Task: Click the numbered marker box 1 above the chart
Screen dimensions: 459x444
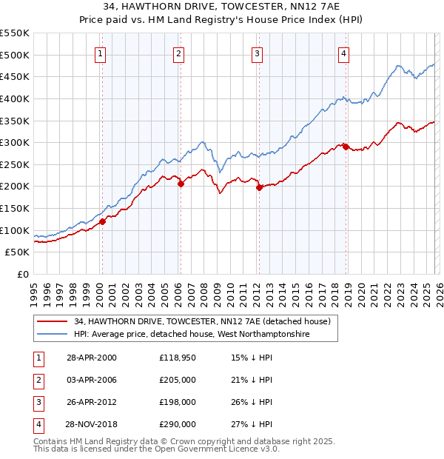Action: pos(100,53)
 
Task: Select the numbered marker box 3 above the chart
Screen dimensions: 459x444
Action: pos(257,53)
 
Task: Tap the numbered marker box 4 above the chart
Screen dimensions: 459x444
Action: pos(344,53)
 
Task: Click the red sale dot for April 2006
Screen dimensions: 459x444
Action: pos(180,184)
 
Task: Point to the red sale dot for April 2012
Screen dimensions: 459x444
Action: pos(259,187)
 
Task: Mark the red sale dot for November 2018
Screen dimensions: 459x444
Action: pos(346,147)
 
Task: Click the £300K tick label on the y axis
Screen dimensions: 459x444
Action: pos(15,142)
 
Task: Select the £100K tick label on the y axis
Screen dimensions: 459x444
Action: pos(15,230)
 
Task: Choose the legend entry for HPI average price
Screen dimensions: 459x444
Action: pos(191,335)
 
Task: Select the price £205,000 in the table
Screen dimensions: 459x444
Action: pos(178,380)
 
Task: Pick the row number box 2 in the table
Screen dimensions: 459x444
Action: pos(38,380)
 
